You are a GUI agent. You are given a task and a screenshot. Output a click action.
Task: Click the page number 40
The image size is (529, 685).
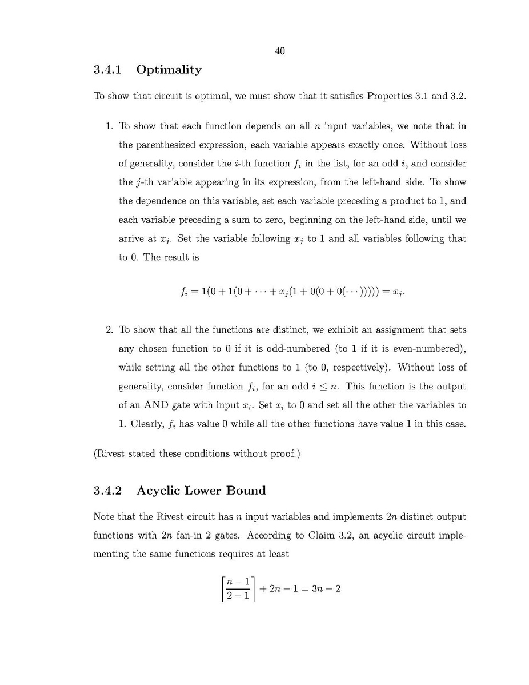click(x=280, y=51)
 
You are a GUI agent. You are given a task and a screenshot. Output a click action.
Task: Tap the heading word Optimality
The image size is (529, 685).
click(x=169, y=70)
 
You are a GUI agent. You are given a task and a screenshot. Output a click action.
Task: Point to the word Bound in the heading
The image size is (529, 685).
click(x=246, y=490)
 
